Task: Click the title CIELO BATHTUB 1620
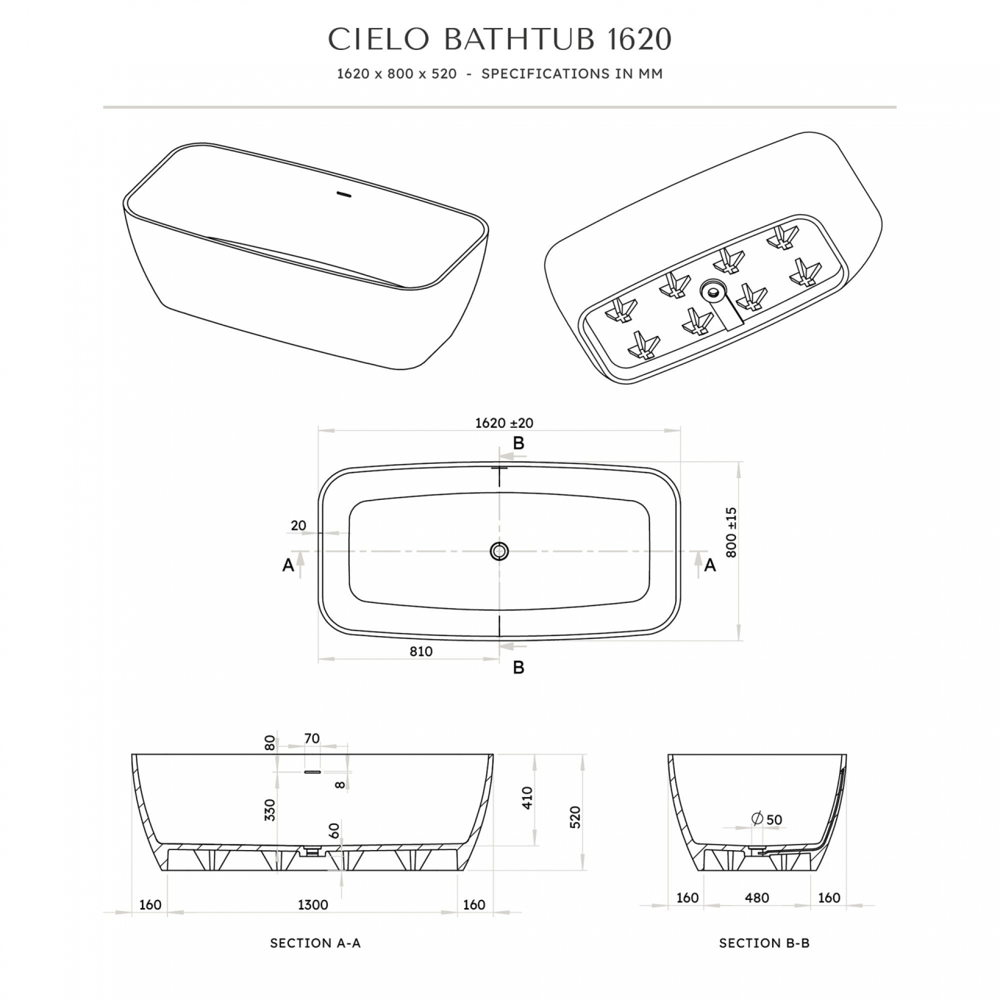pos(500,40)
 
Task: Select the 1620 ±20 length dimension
pos(504,423)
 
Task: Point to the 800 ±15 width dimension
pos(731,532)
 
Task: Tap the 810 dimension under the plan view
pos(421,651)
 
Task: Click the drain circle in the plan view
pos(499,551)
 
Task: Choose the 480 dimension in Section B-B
pos(757,898)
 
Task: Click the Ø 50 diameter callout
pos(767,819)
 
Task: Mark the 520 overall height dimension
pos(575,817)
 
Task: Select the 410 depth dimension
pos(526,798)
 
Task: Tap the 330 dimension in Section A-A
pos(270,810)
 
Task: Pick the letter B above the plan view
pos(518,443)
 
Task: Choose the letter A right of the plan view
pos(710,565)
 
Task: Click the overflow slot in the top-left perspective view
pos(344,194)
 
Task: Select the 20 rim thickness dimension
pos(299,526)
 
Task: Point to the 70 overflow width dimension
pos(312,738)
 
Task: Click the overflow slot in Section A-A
pos(312,772)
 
